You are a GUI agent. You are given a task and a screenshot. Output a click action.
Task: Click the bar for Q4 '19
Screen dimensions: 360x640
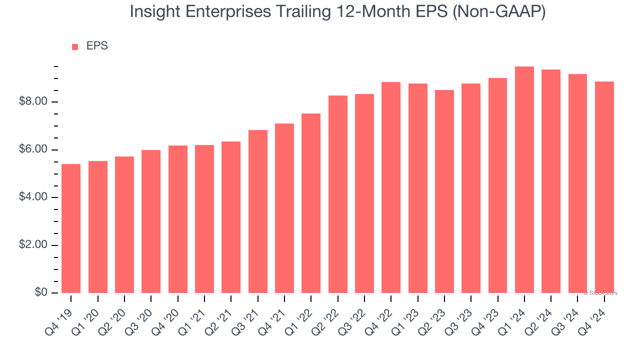[x=71, y=228]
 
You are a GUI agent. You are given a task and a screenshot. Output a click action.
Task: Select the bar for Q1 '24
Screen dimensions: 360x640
[x=524, y=180]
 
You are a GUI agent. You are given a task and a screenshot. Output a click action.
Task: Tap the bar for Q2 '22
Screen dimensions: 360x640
[x=338, y=194]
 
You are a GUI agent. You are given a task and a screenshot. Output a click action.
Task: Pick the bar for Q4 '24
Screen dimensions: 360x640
[x=604, y=187]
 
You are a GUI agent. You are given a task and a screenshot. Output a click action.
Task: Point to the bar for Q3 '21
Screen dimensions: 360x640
[x=258, y=211]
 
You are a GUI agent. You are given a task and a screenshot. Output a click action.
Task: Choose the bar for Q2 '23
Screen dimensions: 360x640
[x=444, y=191]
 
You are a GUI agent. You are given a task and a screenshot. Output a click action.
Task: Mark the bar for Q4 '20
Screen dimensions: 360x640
[x=178, y=219]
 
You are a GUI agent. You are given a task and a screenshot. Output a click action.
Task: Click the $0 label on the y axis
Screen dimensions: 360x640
[x=41, y=293]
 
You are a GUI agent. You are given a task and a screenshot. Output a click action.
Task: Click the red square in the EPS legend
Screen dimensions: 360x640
[x=75, y=47]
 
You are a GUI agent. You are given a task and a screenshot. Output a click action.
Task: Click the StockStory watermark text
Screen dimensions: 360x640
[x=600, y=293]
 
